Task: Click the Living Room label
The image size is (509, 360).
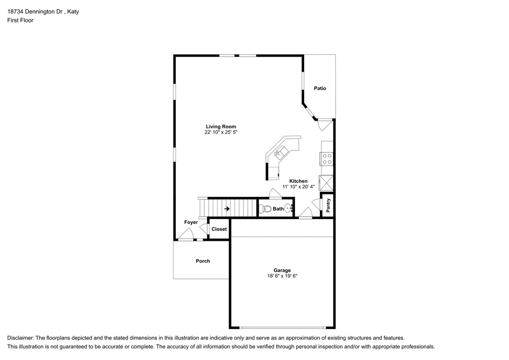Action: point(221,127)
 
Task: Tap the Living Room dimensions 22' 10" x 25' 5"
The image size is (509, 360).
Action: point(221,133)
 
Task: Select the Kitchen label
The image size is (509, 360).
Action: point(298,181)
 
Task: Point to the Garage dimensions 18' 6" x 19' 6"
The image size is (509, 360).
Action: point(282,276)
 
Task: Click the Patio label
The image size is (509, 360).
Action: point(320,88)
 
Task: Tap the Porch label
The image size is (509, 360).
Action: point(203,261)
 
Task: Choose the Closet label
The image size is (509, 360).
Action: point(219,229)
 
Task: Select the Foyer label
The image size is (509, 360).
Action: point(191,222)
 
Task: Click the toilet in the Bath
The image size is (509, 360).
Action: point(266,209)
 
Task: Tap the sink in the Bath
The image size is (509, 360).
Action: point(288,209)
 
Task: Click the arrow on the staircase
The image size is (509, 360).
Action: point(227,209)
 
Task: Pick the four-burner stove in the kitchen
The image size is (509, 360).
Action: point(327,159)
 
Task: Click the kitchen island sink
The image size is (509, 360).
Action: point(282,150)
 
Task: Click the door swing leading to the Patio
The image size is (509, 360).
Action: point(323,125)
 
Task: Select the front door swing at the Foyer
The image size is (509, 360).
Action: point(187,234)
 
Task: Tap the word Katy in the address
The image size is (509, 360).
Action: point(73,12)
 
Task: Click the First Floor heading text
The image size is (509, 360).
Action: point(20,20)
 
